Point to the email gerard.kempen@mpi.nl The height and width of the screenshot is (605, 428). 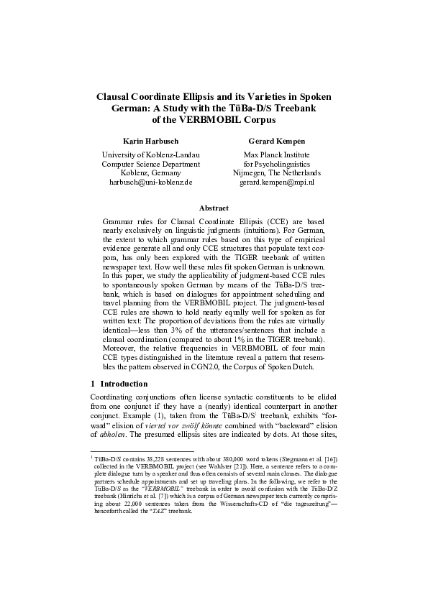[277, 183]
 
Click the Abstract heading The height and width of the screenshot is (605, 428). [214, 208]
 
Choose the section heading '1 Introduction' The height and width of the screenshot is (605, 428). [119, 384]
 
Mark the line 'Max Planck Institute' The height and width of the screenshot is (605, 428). [277, 154]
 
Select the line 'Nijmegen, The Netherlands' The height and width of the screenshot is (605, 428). [277, 173]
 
